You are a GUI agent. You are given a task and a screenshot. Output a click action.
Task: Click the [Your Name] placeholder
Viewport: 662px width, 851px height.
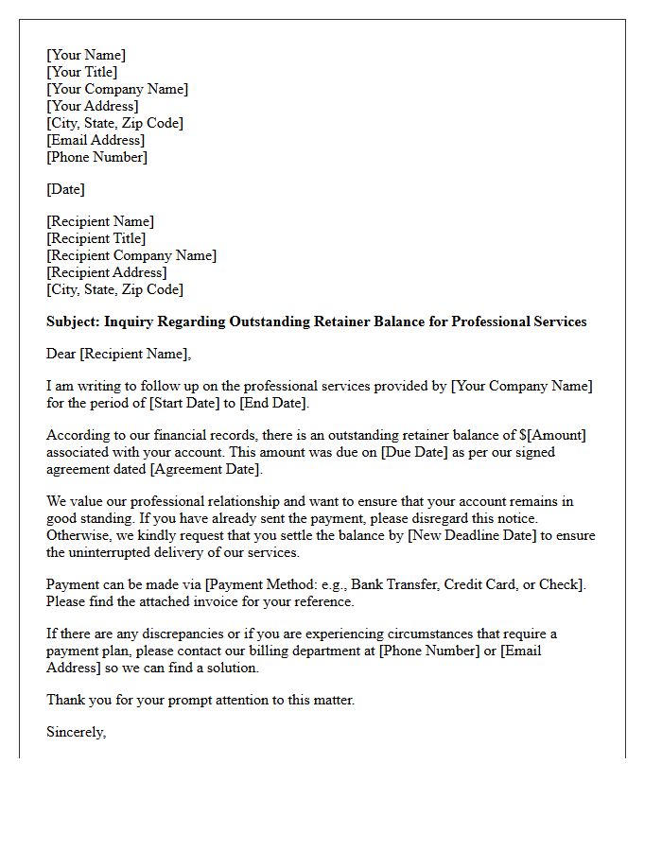pos(86,55)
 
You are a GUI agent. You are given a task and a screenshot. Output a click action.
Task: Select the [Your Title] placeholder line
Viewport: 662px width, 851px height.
pos(82,72)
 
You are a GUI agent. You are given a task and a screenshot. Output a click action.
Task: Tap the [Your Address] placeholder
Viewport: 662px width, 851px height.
pos(93,106)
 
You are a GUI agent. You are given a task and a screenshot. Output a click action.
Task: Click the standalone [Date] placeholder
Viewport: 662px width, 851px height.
pos(66,189)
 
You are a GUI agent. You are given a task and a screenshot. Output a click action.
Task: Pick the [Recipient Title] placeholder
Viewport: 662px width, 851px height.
pos(96,238)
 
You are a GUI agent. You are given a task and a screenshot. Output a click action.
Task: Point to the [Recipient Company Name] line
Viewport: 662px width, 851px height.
pos(131,255)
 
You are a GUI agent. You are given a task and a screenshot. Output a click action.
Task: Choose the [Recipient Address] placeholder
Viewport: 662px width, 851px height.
pos(107,272)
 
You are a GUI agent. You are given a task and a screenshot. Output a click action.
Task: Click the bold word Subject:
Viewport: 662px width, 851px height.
pos(74,321)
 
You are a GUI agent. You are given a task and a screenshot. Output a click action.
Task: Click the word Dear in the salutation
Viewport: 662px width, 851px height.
pos(61,354)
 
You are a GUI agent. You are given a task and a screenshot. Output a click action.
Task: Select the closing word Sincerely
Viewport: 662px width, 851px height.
pos(76,732)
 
